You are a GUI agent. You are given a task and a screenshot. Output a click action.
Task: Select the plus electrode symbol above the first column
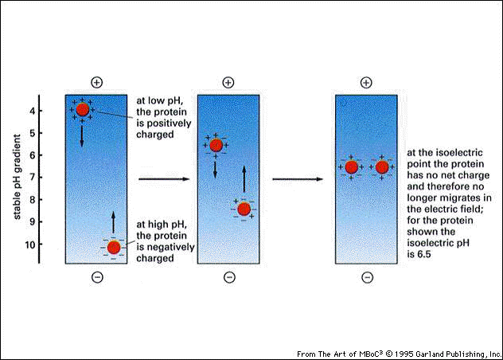[x=97, y=82]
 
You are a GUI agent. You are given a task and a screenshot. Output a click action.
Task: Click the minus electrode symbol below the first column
[x=97, y=277]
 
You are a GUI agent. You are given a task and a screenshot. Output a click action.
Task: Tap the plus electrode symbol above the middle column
[x=228, y=82]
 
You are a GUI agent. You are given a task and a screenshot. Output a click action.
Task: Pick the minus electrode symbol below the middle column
[x=229, y=277]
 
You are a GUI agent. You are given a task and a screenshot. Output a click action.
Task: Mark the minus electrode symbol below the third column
[x=367, y=277]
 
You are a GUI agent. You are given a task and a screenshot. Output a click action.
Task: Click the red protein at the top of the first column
[x=83, y=109]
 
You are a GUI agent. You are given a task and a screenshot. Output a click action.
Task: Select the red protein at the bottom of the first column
[x=114, y=247]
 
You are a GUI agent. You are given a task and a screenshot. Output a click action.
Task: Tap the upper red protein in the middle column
[x=216, y=145]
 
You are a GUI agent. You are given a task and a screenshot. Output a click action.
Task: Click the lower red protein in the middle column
[x=244, y=209]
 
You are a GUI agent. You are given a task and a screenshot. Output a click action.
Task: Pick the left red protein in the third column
[x=351, y=167]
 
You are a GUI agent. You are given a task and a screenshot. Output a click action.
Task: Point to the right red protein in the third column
[x=382, y=167]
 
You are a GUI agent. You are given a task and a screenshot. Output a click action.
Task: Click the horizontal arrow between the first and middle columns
[x=163, y=179]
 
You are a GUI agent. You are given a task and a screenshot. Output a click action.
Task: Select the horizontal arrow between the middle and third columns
[x=298, y=179]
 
